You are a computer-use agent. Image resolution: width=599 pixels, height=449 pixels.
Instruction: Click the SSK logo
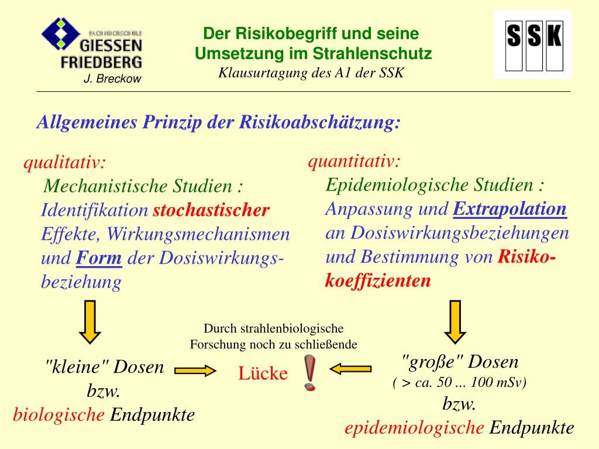(533, 44)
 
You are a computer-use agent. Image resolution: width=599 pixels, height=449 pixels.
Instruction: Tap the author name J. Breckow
(112, 79)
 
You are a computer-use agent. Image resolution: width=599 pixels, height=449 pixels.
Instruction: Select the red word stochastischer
(211, 210)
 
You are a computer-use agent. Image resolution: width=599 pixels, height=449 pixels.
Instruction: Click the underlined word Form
(99, 258)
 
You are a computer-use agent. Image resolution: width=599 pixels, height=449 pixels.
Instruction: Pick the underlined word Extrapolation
(510, 209)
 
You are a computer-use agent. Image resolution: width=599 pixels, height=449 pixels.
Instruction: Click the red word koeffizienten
(378, 281)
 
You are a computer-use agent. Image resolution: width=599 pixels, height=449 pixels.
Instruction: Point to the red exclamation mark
(311, 372)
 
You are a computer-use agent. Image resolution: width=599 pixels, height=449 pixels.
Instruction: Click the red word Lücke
(263, 373)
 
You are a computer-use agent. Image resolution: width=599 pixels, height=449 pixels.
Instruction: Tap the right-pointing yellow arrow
(195, 370)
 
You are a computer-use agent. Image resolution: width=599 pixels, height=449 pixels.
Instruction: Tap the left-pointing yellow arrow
(350, 368)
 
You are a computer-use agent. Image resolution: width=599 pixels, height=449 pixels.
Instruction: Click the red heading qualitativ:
(64, 163)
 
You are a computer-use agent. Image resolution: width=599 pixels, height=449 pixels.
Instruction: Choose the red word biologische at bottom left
(59, 415)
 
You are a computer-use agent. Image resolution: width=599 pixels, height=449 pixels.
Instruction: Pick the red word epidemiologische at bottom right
(414, 428)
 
